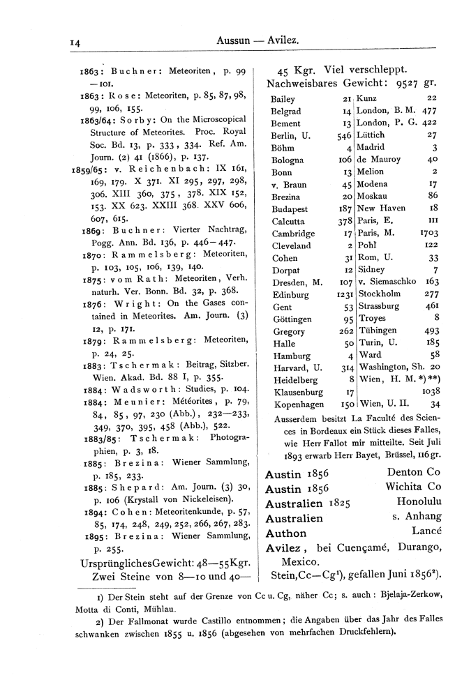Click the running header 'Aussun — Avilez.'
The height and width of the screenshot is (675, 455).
tap(258, 42)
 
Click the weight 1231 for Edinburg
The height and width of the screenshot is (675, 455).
tap(338, 295)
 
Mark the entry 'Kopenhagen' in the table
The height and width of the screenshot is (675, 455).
tap(296, 404)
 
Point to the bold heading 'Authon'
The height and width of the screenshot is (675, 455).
tap(287, 533)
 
